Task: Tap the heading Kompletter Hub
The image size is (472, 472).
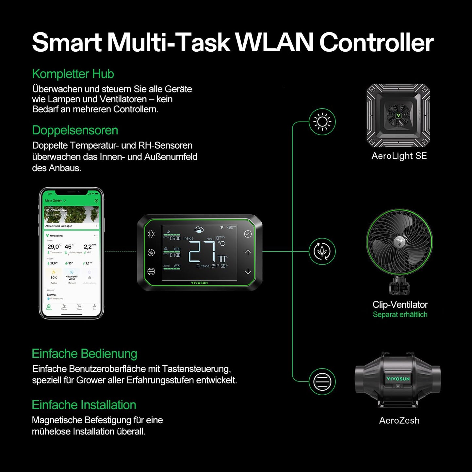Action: (x=73, y=74)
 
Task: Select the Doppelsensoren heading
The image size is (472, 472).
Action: (x=75, y=130)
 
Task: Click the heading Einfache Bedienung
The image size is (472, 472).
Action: (x=84, y=354)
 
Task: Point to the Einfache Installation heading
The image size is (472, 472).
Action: (x=84, y=405)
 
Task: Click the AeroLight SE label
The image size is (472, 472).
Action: (x=399, y=156)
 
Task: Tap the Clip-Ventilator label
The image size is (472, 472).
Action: (x=400, y=304)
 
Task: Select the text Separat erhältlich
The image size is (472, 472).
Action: (x=400, y=315)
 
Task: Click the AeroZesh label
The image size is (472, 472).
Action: (x=399, y=420)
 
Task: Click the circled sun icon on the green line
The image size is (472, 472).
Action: (x=322, y=122)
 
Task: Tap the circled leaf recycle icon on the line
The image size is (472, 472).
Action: (x=322, y=252)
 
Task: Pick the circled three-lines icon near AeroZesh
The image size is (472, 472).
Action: (x=322, y=381)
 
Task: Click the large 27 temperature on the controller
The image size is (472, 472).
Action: (x=202, y=252)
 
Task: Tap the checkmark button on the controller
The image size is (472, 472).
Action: (x=248, y=234)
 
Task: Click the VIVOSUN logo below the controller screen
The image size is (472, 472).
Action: (x=199, y=283)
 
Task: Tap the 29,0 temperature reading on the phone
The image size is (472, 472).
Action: (x=54, y=247)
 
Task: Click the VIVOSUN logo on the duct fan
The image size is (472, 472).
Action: (x=398, y=379)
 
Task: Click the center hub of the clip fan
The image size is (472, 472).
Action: (x=399, y=242)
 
